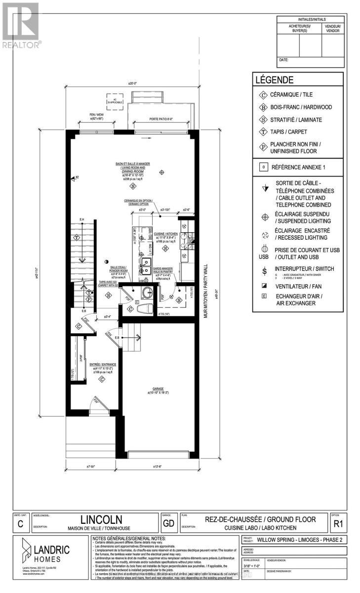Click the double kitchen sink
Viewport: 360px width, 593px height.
(145, 265)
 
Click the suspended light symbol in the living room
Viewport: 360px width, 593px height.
(162, 171)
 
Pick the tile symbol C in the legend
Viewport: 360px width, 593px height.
(263, 95)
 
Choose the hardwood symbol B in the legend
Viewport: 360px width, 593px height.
(263, 107)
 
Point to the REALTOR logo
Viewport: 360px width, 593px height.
(20, 24)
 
